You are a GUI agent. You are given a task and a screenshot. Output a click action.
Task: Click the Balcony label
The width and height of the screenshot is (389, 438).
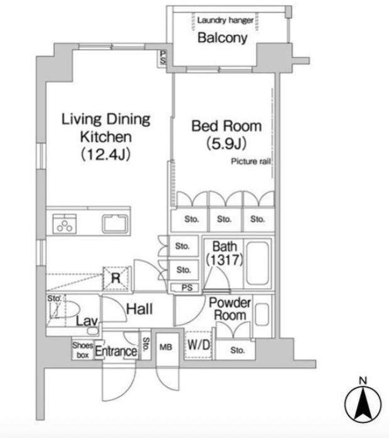click(x=222, y=38)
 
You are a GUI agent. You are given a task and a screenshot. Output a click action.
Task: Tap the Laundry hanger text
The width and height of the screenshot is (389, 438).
click(x=225, y=20)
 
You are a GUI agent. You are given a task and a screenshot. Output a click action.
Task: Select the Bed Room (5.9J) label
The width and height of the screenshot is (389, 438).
click(x=226, y=134)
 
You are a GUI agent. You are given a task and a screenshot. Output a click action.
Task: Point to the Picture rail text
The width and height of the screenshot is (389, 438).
click(x=251, y=161)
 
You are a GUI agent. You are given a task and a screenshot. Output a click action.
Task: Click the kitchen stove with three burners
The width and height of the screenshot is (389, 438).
click(x=65, y=224)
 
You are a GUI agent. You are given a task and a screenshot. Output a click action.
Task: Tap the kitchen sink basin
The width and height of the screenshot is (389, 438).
click(x=115, y=224)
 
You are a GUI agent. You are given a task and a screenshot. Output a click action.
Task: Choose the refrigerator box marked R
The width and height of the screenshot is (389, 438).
click(x=116, y=278)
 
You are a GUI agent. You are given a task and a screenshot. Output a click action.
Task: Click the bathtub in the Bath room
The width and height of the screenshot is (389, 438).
click(x=257, y=263)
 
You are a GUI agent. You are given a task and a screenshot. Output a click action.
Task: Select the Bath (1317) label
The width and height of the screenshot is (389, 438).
click(x=225, y=253)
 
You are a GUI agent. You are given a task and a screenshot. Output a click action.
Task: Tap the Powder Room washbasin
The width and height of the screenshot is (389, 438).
click(x=262, y=314)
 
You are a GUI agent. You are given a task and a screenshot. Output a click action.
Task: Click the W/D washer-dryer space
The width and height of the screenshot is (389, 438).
click(x=198, y=345)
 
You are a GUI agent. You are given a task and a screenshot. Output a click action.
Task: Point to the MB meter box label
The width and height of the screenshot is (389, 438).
click(x=166, y=347)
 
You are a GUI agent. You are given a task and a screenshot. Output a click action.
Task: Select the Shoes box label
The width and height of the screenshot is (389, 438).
click(x=83, y=350)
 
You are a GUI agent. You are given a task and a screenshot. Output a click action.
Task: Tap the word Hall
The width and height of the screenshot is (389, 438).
click(x=139, y=309)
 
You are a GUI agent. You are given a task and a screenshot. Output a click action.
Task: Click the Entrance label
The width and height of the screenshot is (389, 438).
click(x=116, y=351)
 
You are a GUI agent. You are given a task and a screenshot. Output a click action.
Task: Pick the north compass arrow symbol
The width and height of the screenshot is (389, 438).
click(x=363, y=403)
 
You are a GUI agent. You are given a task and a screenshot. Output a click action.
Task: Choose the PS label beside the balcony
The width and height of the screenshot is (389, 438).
click(x=163, y=57)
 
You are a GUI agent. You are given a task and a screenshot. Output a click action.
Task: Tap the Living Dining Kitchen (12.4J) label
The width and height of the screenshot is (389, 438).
click(x=106, y=137)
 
